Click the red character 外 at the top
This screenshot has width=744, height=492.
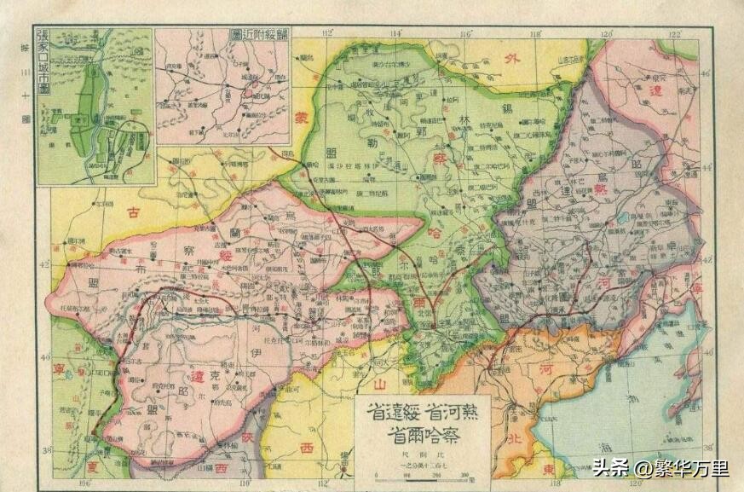(511, 61)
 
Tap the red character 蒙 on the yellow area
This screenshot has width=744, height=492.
(300, 120)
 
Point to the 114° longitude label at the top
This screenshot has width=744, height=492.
(395, 33)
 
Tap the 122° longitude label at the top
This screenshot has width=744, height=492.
(674, 33)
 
